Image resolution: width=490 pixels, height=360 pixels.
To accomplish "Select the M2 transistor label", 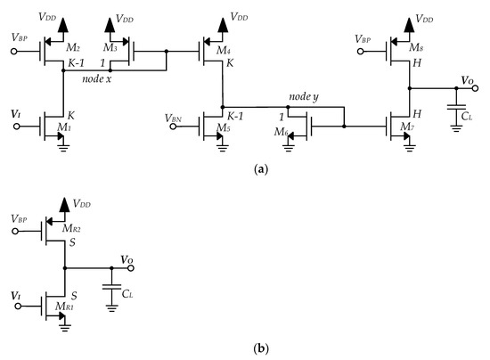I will coord(74,47).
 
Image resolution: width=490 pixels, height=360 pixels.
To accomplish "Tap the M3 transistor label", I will coord(110,47).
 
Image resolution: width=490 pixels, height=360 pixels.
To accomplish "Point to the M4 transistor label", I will coord(226,51).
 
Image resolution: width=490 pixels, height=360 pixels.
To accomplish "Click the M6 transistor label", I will coord(283,134).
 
